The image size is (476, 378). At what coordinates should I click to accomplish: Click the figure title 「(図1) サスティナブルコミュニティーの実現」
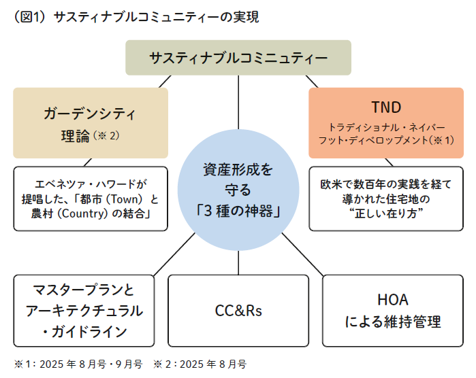136,17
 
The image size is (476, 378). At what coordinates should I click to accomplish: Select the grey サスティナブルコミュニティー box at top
238,58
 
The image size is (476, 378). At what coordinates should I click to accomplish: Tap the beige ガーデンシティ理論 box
91,122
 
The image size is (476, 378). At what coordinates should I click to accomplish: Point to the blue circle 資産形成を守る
238,190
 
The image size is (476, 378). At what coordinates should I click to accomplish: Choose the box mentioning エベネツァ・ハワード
91,199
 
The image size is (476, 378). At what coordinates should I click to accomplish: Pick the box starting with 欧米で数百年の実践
386,199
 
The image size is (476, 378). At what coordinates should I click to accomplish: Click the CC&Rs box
238,311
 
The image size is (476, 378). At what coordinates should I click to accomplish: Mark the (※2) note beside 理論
108,135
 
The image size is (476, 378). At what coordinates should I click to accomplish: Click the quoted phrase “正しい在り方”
386,214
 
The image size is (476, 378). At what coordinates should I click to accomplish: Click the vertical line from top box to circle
238,102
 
